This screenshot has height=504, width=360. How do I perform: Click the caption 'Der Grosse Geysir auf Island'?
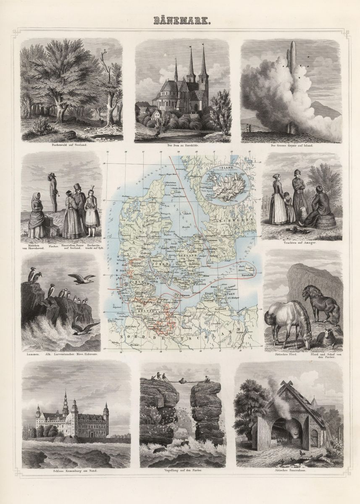(292, 145)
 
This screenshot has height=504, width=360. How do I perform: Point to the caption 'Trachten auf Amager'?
(302, 242)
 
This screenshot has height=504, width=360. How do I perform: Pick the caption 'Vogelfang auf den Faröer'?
(180, 471)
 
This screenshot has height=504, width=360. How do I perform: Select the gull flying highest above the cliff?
(81, 278)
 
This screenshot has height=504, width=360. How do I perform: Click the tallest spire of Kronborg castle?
(66, 403)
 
